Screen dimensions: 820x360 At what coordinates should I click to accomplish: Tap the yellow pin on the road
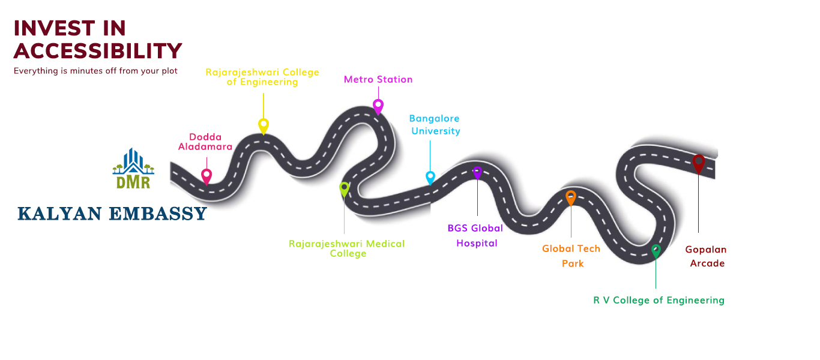[x=264, y=126]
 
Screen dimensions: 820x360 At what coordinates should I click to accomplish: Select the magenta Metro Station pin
[x=378, y=107]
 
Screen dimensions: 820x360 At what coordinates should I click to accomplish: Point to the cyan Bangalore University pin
[x=430, y=178]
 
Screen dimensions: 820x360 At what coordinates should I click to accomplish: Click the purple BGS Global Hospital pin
[x=477, y=172]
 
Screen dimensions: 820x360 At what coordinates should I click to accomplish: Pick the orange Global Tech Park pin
[x=571, y=198]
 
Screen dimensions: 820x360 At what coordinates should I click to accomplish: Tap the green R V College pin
[x=656, y=251]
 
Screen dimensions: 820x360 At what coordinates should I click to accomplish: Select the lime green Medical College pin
[x=344, y=190]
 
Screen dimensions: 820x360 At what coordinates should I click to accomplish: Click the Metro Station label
[x=378, y=79]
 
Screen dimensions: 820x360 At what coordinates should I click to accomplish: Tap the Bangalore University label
[x=435, y=125]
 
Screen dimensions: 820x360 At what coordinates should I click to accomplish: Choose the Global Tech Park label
[x=571, y=256]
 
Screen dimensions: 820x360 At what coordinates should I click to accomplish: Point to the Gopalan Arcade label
[x=706, y=256]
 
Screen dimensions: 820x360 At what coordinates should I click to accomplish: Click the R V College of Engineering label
[x=659, y=301]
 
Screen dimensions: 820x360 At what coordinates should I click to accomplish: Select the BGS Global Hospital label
[x=475, y=236]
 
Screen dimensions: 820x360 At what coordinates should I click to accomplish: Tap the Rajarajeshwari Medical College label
[x=347, y=249]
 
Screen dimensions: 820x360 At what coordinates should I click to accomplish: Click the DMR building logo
[x=133, y=168]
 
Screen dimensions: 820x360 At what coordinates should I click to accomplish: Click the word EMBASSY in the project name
[x=158, y=214]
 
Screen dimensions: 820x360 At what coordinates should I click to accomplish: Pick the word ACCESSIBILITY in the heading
[x=98, y=51]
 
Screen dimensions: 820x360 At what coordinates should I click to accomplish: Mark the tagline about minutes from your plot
[x=95, y=71]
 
